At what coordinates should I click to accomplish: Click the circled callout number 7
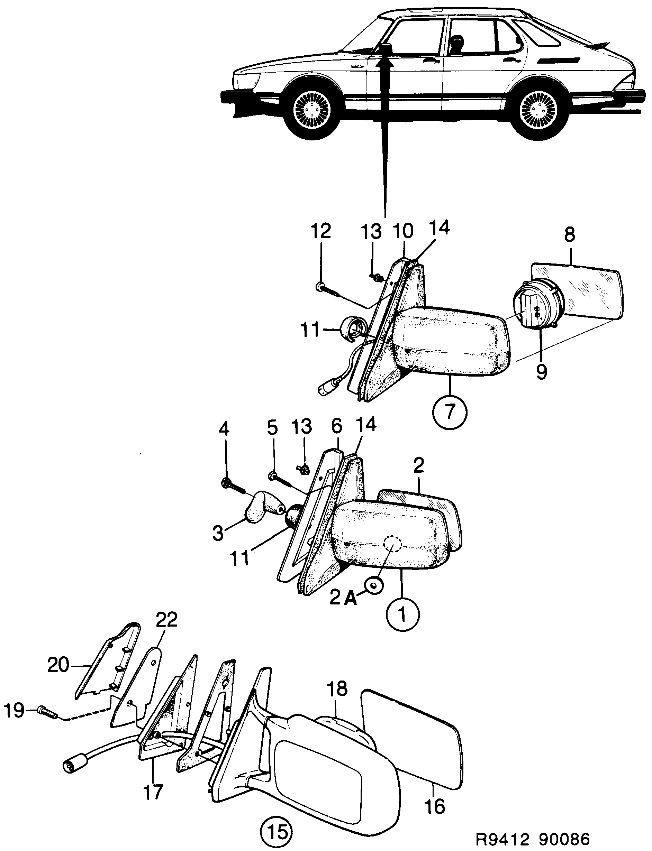point(450,412)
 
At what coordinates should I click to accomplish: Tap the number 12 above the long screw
point(321,231)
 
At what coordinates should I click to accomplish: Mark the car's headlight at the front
point(246,81)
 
